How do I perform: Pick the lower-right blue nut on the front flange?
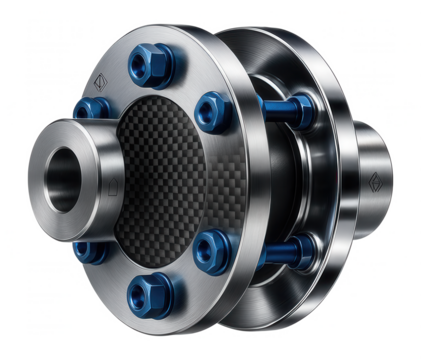point(212,244)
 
